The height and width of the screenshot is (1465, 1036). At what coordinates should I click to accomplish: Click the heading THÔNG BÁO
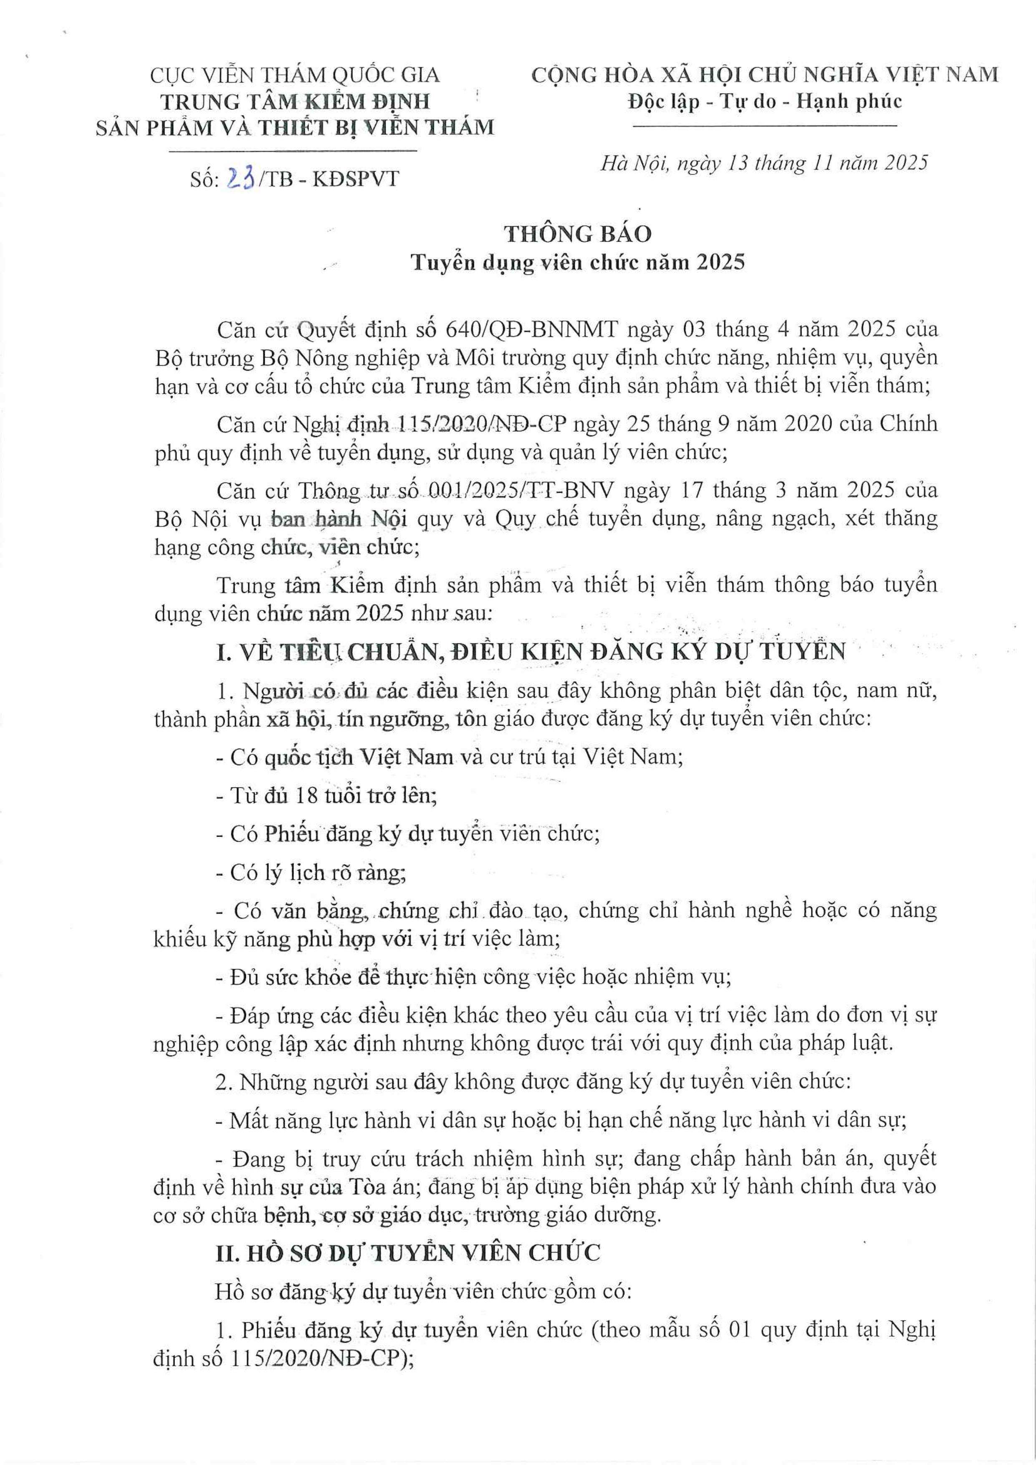click(578, 234)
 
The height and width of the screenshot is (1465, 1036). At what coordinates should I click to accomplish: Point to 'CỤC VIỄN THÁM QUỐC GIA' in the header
click(295, 75)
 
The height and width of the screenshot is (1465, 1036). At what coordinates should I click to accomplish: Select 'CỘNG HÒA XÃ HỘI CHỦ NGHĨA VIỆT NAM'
click(764, 75)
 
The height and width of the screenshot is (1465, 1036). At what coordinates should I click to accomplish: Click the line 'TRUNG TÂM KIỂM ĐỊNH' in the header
click(295, 101)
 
